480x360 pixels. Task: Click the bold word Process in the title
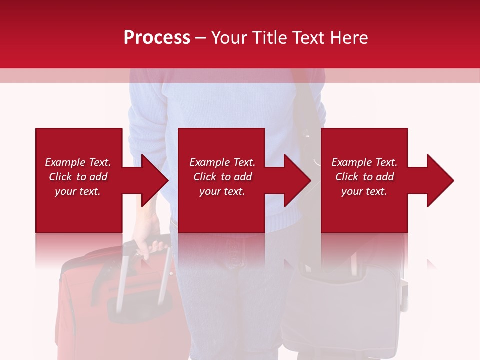157,38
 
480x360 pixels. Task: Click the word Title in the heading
269,38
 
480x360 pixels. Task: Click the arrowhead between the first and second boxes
155,180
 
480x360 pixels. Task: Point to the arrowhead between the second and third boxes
297,180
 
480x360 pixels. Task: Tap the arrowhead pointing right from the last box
440,180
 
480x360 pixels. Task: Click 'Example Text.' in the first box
78,162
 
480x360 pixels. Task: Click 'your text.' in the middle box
222,191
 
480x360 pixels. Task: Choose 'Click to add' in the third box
364,177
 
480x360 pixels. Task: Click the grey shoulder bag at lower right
345,305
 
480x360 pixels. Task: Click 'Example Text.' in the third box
364,162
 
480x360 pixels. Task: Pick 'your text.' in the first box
77,191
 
